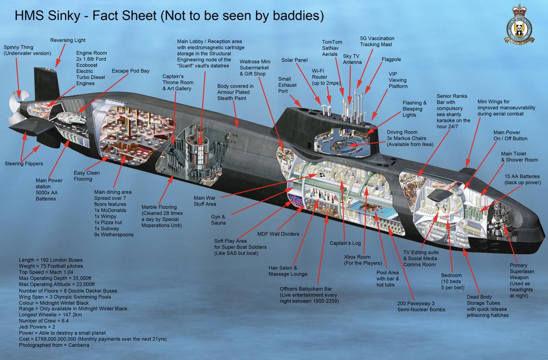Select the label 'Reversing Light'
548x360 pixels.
point(68,41)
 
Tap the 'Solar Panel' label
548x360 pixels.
point(295,60)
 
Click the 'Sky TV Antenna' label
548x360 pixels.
point(352,59)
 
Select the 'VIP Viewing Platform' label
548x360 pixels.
point(399,80)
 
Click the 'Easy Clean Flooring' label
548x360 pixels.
point(86,176)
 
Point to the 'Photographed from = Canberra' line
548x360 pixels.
point(59,345)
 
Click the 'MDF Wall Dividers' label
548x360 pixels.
point(278,234)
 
